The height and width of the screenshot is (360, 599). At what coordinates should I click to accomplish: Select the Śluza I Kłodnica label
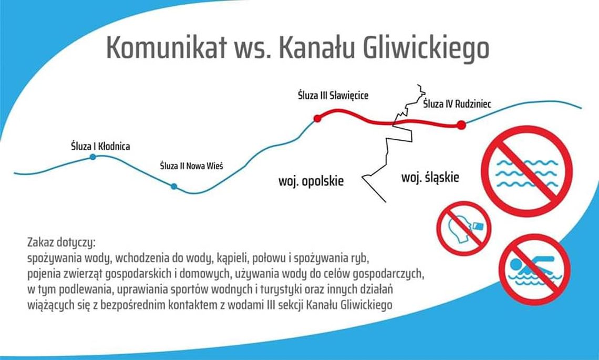pyautogui.click(x=100, y=146)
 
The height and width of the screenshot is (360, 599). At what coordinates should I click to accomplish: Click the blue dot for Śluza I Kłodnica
pyautogui.click(x=93, y=157)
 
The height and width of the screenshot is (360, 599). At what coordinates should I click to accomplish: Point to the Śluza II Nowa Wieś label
pyautogui.click(x=191, y=166)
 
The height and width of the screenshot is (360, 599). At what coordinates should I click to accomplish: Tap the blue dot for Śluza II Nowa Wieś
pyautogui.click(x=174, y=186)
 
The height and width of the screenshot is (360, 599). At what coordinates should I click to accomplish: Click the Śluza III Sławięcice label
pyautogui.click(x=333, y=96)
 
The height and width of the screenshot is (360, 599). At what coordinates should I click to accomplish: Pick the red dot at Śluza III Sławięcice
pyautogui.click(x=317, y=118)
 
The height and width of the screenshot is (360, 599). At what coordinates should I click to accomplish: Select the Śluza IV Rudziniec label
pyautogui.click(x=457, y=104)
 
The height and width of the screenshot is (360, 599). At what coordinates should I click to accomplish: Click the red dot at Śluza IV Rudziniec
pyautogui.click(x=461, y=125)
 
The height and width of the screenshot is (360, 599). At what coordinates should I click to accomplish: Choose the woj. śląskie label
pyautogui.click(x=430, y=177)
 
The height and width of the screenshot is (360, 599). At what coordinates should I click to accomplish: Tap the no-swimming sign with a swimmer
pyautogui.click(x=534, y=269)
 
